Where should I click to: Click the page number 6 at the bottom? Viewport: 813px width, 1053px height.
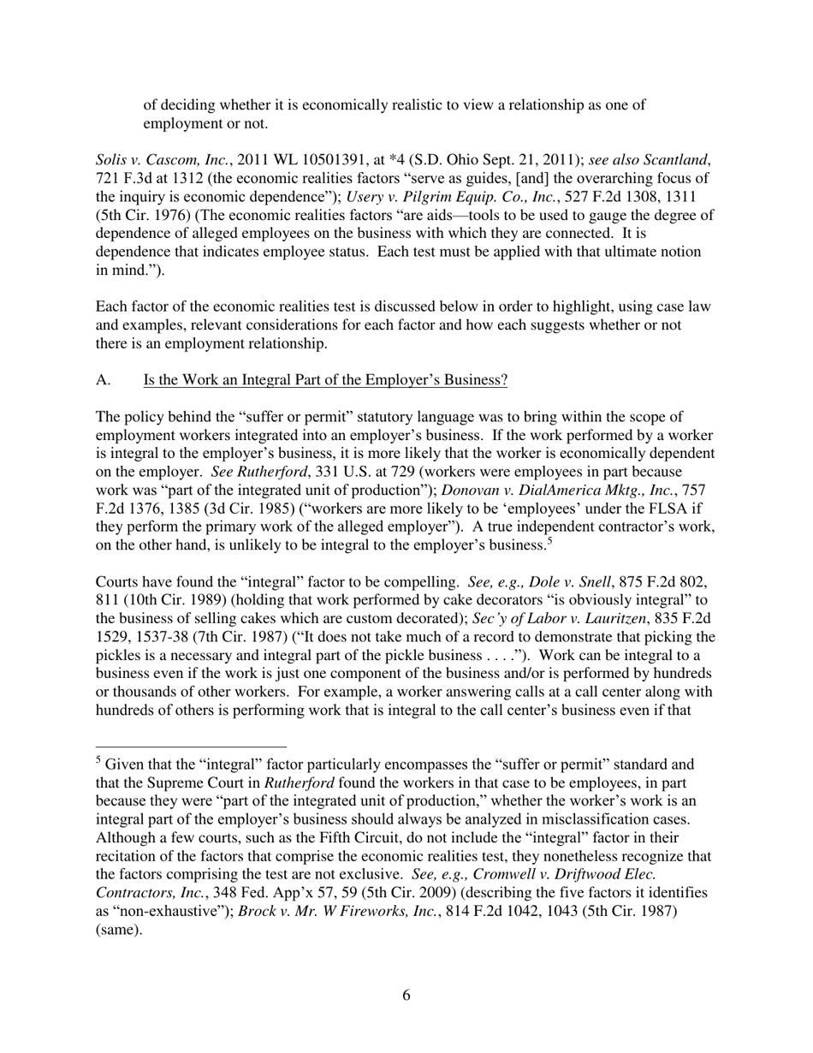406,995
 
